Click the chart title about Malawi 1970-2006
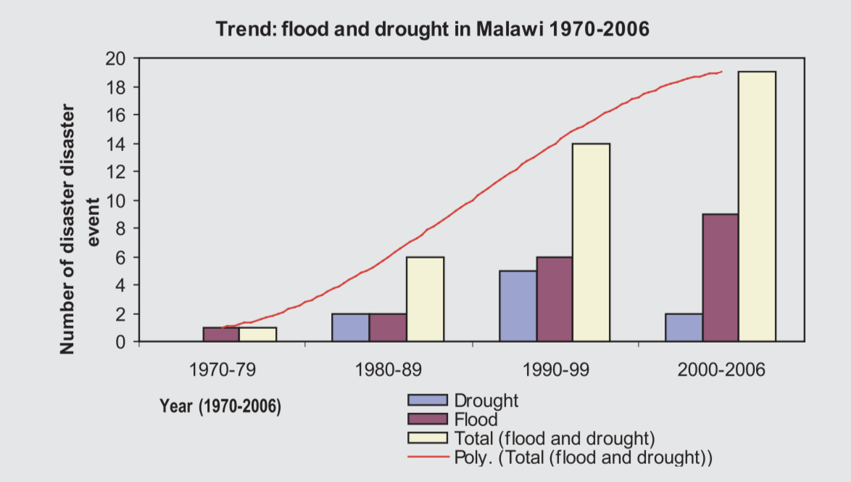433,30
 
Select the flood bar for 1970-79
221,335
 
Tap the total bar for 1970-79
258,335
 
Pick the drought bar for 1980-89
351,327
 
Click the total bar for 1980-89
425,299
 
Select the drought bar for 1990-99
518,306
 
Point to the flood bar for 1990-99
555,299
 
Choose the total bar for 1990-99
591,242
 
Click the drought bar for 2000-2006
684,327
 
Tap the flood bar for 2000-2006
721,277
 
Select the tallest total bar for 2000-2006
757,206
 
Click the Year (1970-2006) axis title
220,406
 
